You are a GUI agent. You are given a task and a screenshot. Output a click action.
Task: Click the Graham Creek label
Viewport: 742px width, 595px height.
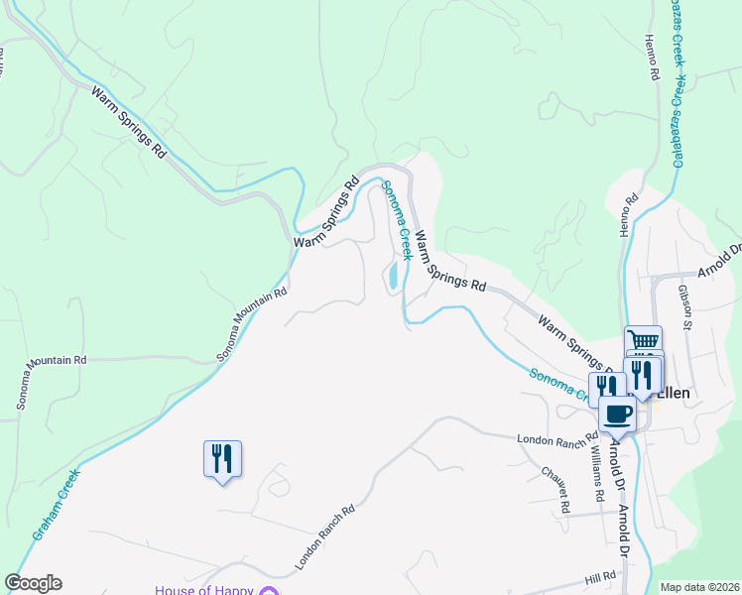(57, 503)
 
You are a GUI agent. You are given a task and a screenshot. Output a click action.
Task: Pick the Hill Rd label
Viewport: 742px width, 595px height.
(600, 577)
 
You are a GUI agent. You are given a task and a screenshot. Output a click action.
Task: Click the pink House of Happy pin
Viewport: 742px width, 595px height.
(268, 591)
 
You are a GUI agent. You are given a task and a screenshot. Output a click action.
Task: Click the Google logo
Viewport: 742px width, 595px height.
(33, 583)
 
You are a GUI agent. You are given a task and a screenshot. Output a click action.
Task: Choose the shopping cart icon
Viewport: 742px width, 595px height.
(643, 340)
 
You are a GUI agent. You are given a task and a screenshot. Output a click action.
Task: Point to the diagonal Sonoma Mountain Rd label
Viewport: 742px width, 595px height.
(252, 324)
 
